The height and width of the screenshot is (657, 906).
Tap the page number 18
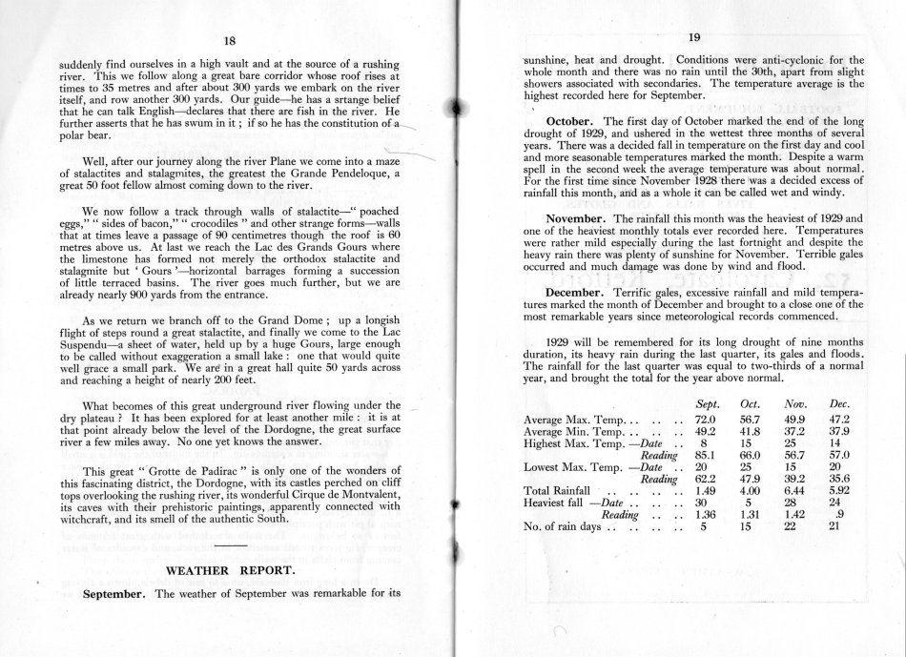point(229,39)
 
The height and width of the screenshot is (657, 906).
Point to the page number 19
point(694,38)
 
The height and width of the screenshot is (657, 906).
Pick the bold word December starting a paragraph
point(585,290)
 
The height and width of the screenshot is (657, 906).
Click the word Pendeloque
point(338,173)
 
